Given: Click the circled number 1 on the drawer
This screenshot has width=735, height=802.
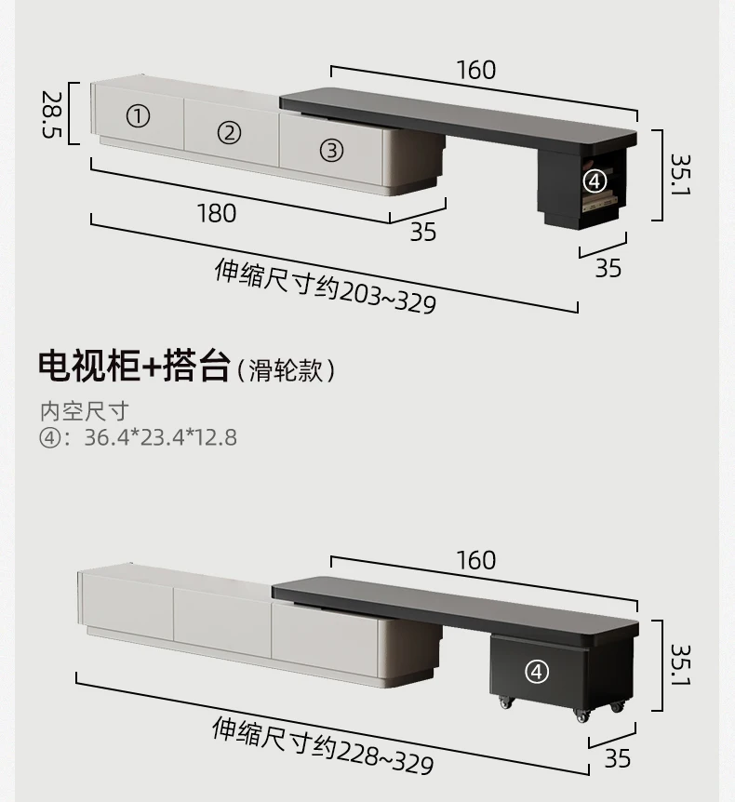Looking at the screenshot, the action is click(138, 116).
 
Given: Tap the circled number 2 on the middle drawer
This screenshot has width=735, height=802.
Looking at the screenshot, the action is click(229, 132).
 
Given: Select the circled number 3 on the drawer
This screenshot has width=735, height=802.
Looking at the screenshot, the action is click(332, 150).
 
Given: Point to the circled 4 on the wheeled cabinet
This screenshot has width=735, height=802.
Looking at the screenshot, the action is click(538, 670).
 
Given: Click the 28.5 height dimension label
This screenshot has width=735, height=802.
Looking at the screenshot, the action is click(52, 114).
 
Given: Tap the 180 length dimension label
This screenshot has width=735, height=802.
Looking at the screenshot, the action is click(216, 213).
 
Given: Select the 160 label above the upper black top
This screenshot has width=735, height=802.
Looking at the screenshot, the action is click(475, 70).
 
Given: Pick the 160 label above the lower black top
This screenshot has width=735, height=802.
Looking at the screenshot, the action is click(475, 560).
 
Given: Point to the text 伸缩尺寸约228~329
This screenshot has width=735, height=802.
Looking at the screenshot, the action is click(323, 745).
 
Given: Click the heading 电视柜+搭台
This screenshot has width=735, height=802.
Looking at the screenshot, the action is click(133, 367).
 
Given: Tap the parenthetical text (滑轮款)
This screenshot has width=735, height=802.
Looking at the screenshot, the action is click(286, 370).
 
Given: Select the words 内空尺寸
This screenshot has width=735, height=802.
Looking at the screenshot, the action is click(84, 410).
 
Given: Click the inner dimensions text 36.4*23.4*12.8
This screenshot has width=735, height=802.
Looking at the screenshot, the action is click(160, 436).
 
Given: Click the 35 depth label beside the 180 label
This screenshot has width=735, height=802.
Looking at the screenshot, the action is click(423, 232).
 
